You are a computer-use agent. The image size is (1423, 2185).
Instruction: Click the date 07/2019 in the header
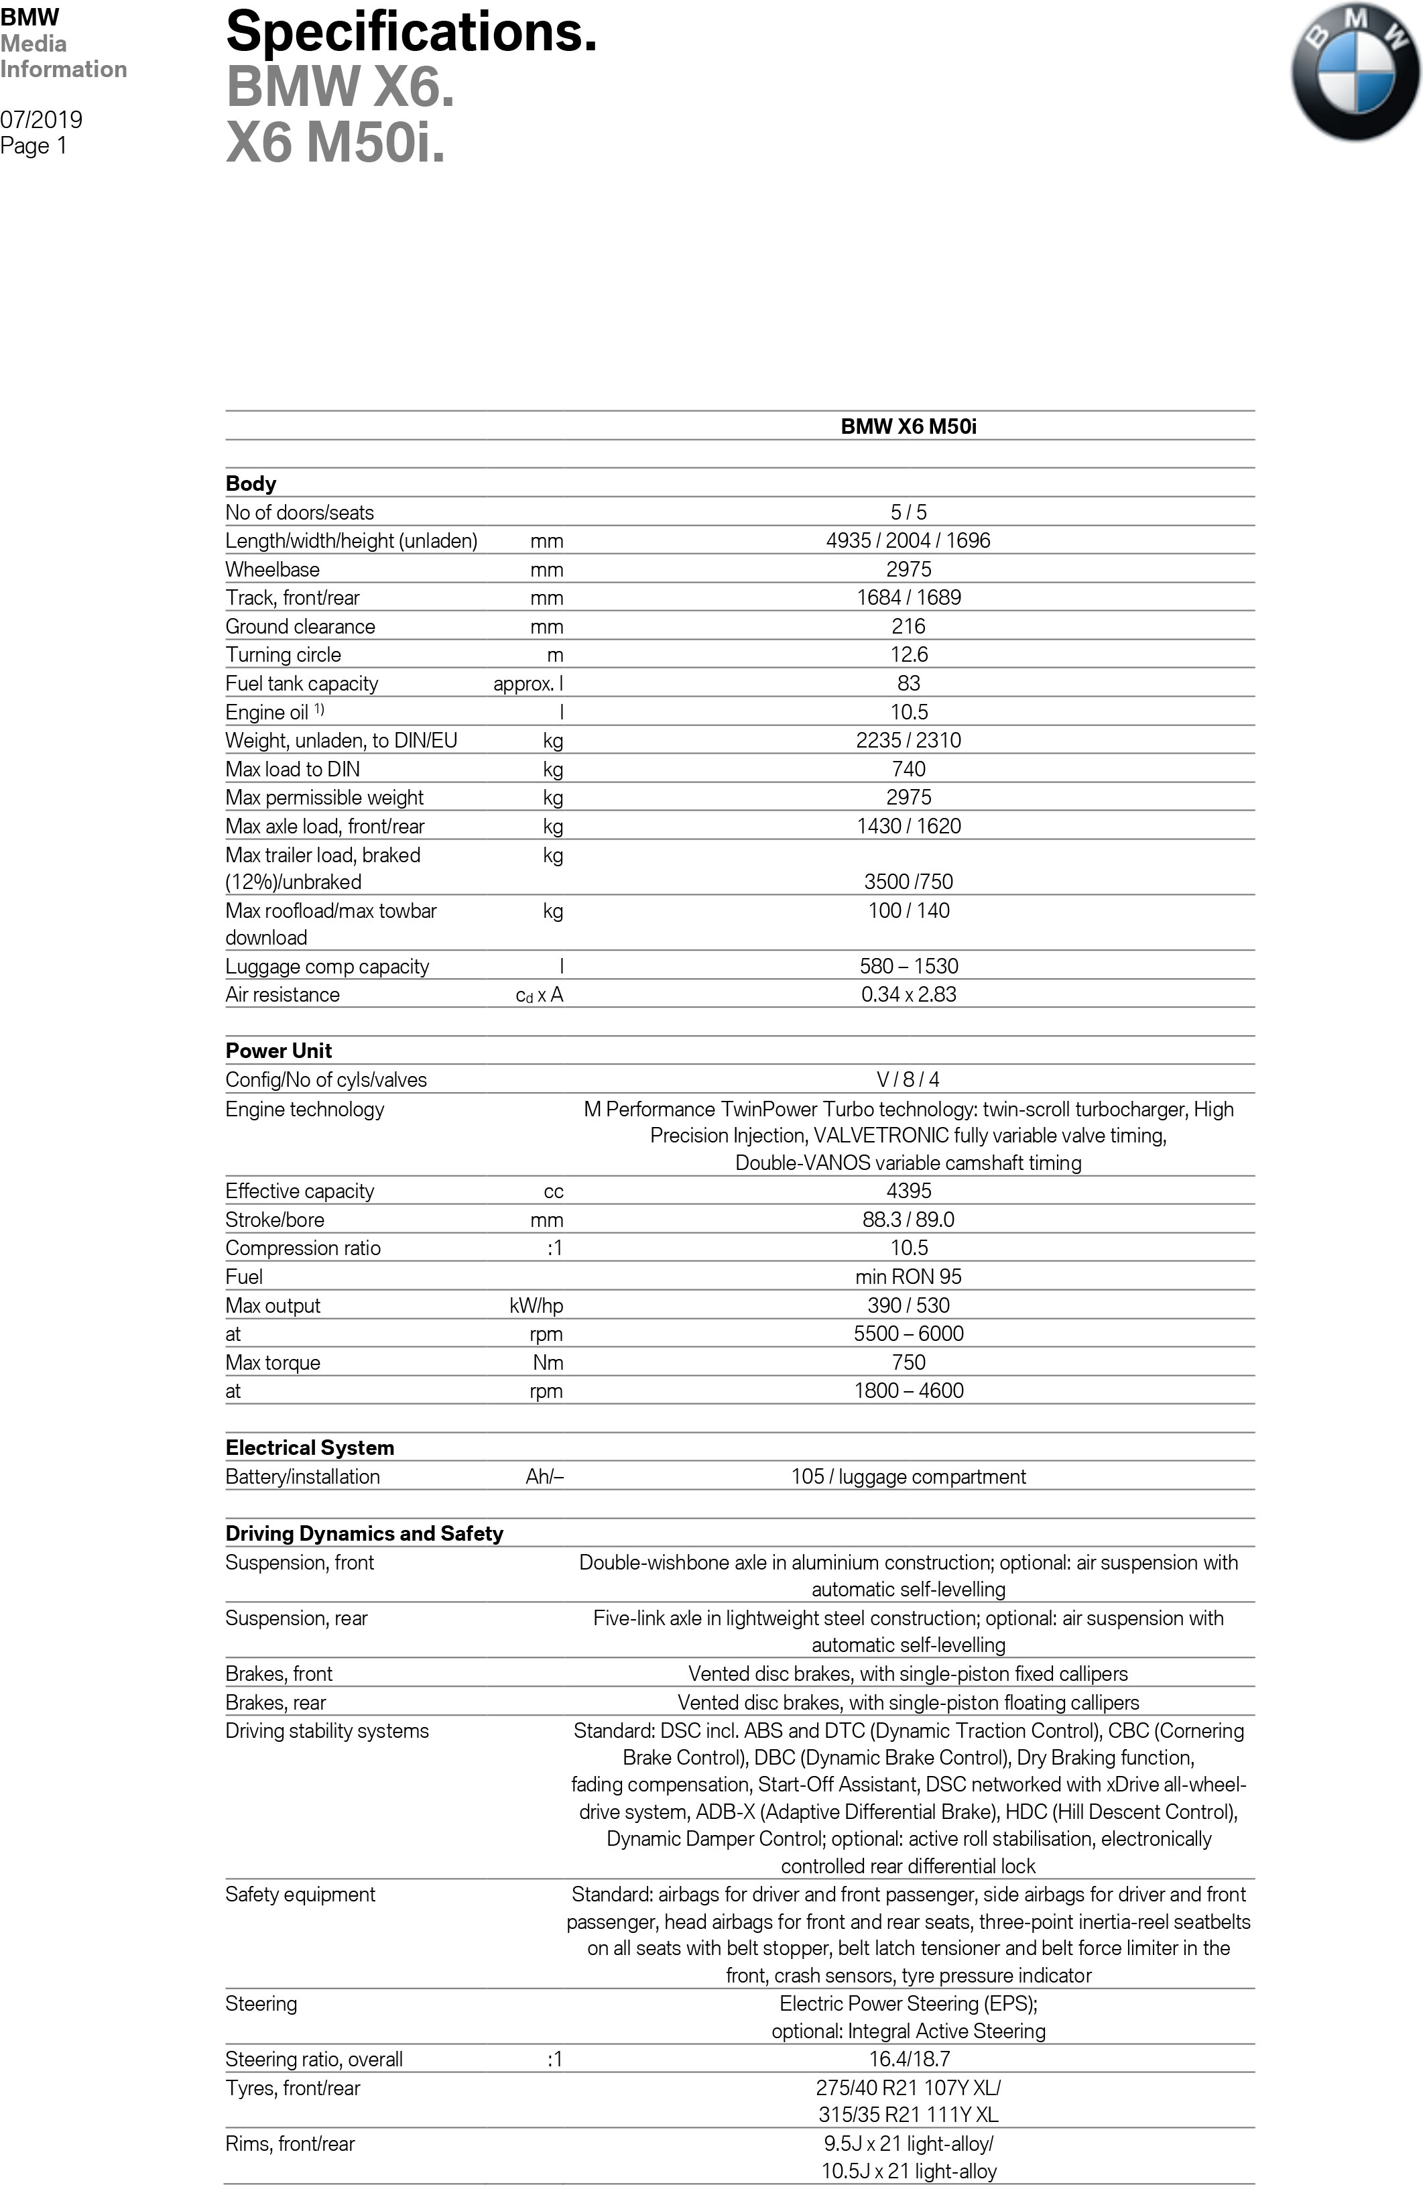42,119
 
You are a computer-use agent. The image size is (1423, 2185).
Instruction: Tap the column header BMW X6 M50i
908,426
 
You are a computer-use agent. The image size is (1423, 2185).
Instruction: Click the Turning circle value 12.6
908,654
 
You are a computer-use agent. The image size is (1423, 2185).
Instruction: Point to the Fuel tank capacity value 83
908,683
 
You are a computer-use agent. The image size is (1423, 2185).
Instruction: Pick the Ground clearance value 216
908,626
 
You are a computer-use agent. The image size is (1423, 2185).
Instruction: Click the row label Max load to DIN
293,769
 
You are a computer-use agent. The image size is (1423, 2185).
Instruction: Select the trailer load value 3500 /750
908,882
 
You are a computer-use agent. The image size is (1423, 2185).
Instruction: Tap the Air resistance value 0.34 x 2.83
908,994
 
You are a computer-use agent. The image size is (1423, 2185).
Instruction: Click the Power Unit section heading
278,1051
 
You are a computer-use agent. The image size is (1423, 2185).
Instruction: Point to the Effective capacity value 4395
908,1191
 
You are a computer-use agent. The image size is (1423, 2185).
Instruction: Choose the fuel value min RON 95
908,1276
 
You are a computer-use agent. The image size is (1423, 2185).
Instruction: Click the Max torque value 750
908,1362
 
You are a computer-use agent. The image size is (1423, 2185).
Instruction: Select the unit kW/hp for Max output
536,1305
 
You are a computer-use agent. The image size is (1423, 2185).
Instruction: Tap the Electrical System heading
310,1448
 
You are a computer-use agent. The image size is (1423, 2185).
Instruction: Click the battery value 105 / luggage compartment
908,1476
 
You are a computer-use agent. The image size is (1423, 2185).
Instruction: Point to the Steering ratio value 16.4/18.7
908,2059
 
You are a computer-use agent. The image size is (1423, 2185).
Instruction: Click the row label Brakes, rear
275,1703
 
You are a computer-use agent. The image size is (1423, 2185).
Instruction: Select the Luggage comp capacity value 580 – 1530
908,966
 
